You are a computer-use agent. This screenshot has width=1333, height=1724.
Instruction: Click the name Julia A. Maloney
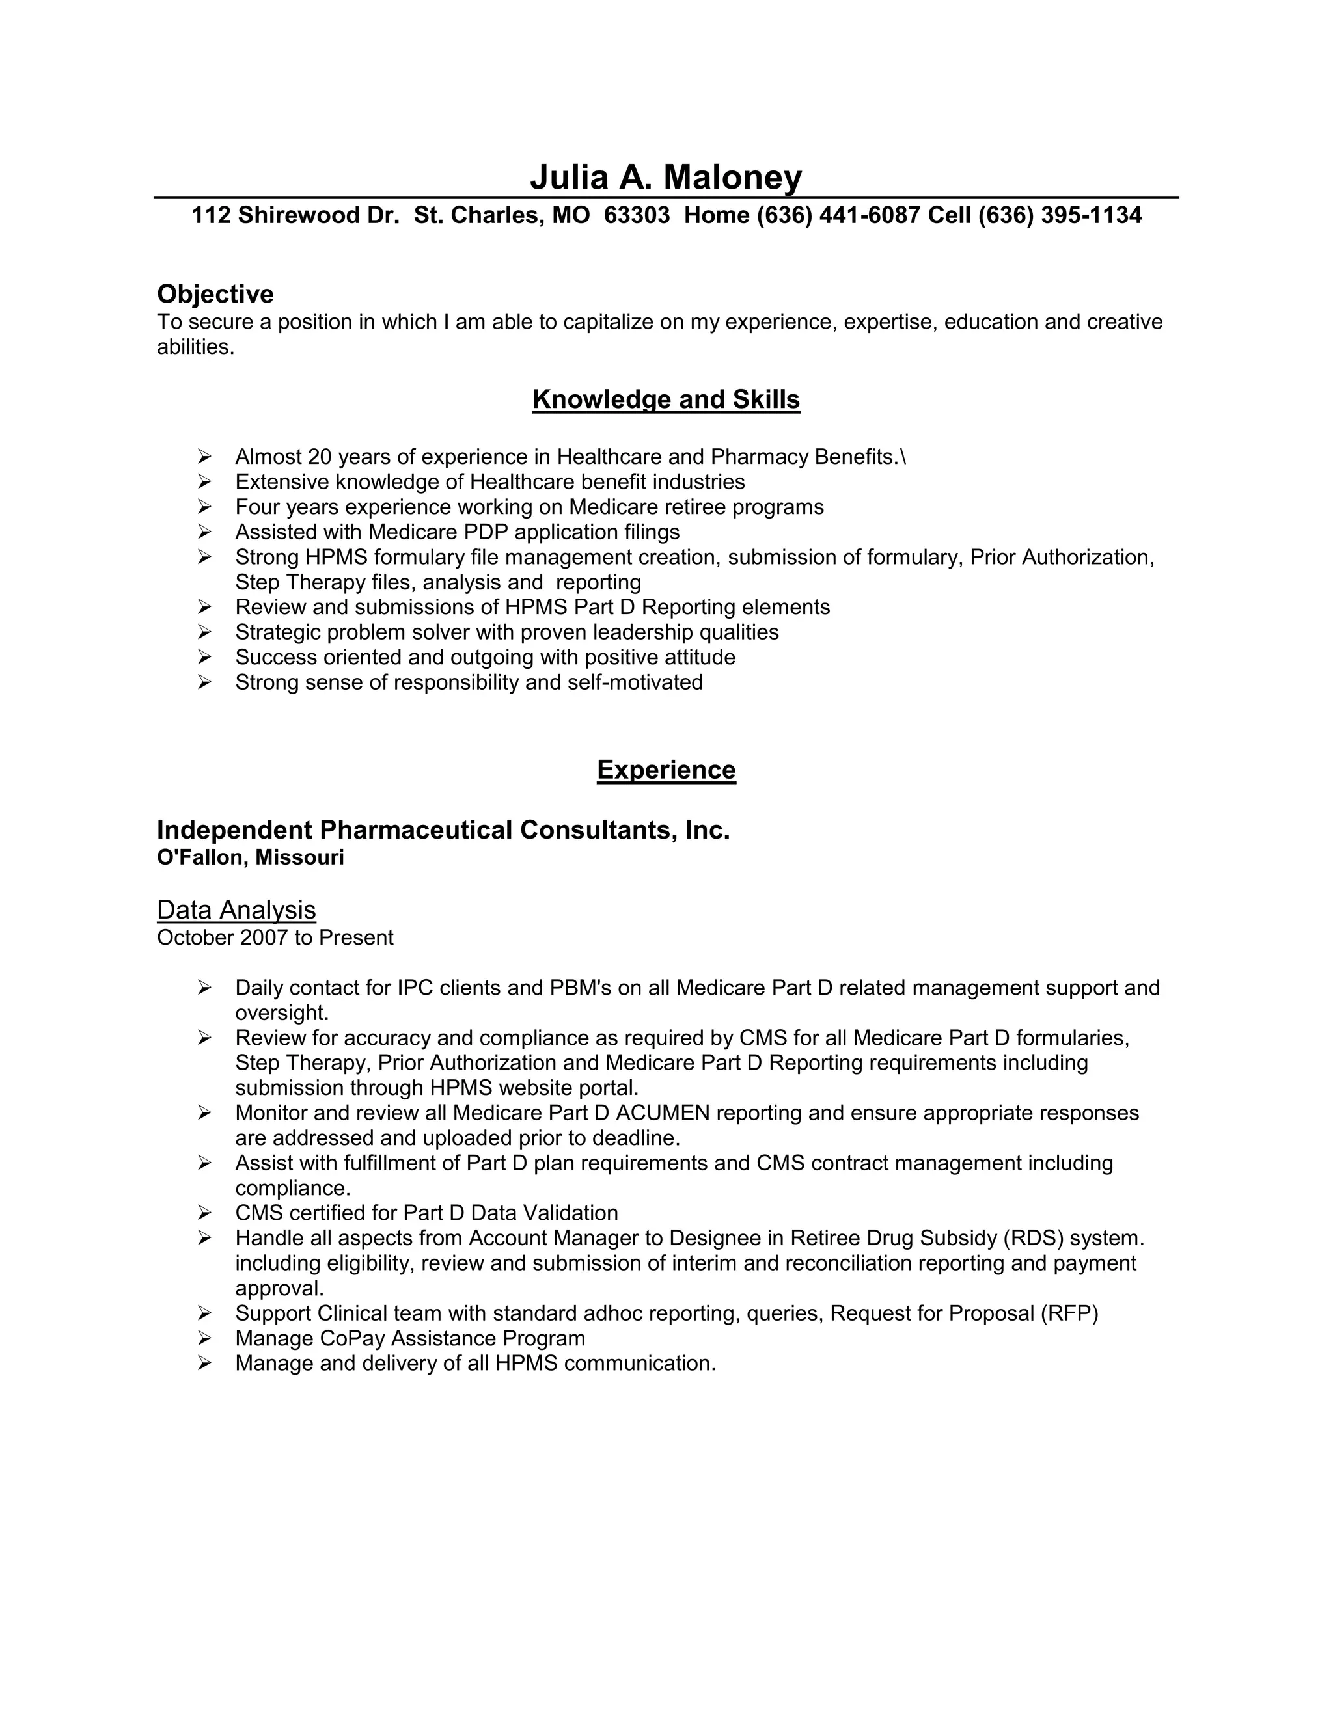pos(666,177)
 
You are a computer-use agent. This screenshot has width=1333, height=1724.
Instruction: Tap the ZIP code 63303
pos(637,215)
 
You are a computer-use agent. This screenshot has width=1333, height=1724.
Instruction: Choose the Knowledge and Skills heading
pos(666,399)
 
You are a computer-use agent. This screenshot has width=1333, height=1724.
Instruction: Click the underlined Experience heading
pos(666,770)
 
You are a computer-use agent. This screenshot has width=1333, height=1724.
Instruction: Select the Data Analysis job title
pos(236,909)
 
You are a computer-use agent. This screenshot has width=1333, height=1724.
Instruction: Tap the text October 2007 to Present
pos(275,937)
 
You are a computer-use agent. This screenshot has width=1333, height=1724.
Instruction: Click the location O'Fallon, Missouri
pos(251,857)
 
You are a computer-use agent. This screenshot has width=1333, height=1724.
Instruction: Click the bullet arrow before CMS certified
pos(204,1213)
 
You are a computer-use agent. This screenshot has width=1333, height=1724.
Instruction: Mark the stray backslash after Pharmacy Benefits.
pos(903,457)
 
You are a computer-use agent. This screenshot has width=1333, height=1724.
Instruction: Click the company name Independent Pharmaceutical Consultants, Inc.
pos(443,829)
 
